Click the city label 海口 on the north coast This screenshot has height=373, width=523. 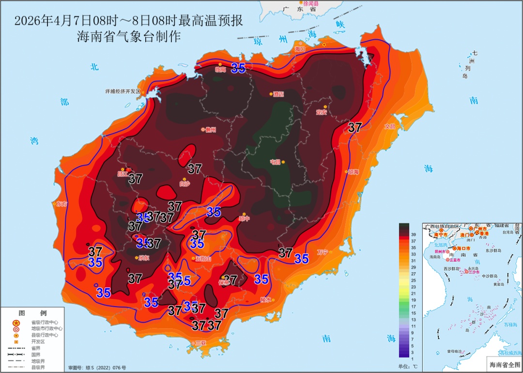point(300,49)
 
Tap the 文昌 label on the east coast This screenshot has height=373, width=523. point(390,126)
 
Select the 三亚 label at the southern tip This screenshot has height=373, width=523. point(200,343)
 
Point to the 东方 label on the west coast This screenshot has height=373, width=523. point(62,204)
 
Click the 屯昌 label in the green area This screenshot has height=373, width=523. point(275,162)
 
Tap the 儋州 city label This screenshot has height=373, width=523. point(210,130)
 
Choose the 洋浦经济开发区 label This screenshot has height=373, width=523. point(123,91)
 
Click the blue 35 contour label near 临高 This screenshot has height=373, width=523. point(238,68)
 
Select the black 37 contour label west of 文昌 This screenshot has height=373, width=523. point(355,128)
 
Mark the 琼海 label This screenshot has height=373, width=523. point(353,172)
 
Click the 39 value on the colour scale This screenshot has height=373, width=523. point(414,234)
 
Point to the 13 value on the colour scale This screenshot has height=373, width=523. point(414,320)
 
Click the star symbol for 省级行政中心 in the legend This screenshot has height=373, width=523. point(16,322)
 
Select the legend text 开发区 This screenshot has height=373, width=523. point(38,341)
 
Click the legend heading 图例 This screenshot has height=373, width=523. point(32,313)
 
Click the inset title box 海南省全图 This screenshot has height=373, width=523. point(503,364)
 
